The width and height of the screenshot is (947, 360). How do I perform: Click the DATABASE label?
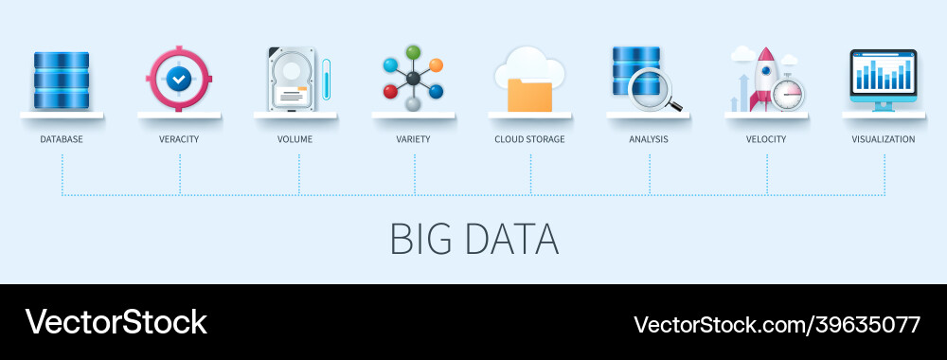(x=61, y=139)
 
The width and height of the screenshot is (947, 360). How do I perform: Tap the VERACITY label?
(x=179, y=139)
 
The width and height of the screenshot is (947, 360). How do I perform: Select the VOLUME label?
(x=295, y=139)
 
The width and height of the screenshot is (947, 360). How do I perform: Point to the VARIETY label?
(x=413, y=139)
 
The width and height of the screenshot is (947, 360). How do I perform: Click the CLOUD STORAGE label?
(x=529, y=139)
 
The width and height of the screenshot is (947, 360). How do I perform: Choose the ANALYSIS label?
(x=649, y=139)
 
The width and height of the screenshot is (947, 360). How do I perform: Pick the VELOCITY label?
(x=766, y=139)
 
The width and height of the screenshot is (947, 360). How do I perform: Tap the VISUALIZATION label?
(x=883, y=139)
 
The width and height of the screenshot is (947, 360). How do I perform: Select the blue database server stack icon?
(x=61, y=80)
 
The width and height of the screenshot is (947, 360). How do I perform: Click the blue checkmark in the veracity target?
(x=178, y=81)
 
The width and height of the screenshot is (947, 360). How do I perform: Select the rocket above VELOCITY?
(x=762, y=76)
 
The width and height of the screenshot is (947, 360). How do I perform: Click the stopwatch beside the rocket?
(x=788, y=94)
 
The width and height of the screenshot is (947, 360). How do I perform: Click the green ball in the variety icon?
(x=413, y=52)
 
